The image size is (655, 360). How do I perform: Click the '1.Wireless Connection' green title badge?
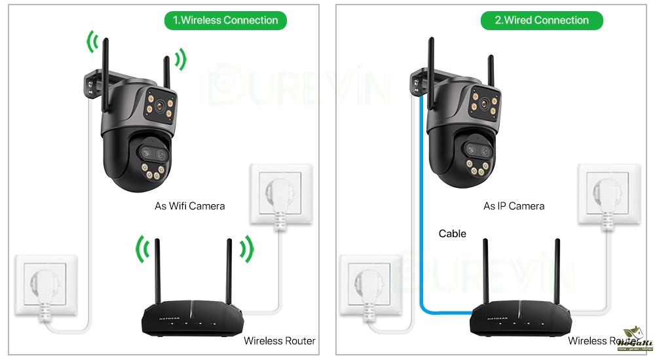tap(225, 20)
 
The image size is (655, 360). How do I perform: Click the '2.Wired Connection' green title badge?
tap(541, 20)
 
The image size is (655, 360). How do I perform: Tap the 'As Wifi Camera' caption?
tap(189, 206)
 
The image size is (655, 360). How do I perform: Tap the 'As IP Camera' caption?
tap(514, 206)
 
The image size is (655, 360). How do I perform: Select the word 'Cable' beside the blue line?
tap(453, 234)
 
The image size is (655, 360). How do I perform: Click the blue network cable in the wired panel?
tap(419, 216)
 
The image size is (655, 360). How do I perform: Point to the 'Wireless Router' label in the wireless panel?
tap(279, 340)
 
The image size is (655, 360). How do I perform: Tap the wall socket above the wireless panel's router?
tap(281, 195)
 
